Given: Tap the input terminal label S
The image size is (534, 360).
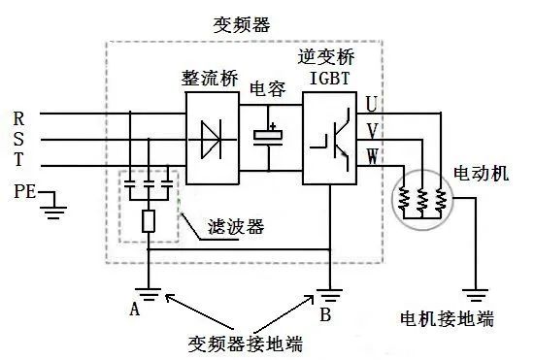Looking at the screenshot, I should pos(18,140).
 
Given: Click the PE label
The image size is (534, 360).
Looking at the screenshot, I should pos(25,191).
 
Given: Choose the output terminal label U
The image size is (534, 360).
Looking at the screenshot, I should pos(373,102).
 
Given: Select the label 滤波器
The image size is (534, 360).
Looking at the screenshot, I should pos(237,229).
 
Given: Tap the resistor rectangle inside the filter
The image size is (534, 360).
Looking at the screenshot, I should pos(149,221).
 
